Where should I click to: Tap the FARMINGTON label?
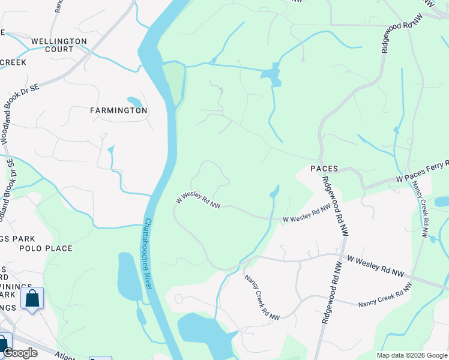pos(119,110)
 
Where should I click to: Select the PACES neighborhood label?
pos(324,169)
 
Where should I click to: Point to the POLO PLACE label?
pos(46,248)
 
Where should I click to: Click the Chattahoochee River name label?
pos(147,253)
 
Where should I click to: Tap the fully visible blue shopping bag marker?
pos(32,298)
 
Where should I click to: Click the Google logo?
pos(19,353)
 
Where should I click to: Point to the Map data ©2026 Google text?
pos(412,355)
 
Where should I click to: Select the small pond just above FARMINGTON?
pos(135,101)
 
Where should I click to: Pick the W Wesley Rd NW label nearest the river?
pos(197,200)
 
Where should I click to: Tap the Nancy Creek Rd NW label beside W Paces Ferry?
pos(420,204)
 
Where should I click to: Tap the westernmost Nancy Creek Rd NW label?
pos(262,297)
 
